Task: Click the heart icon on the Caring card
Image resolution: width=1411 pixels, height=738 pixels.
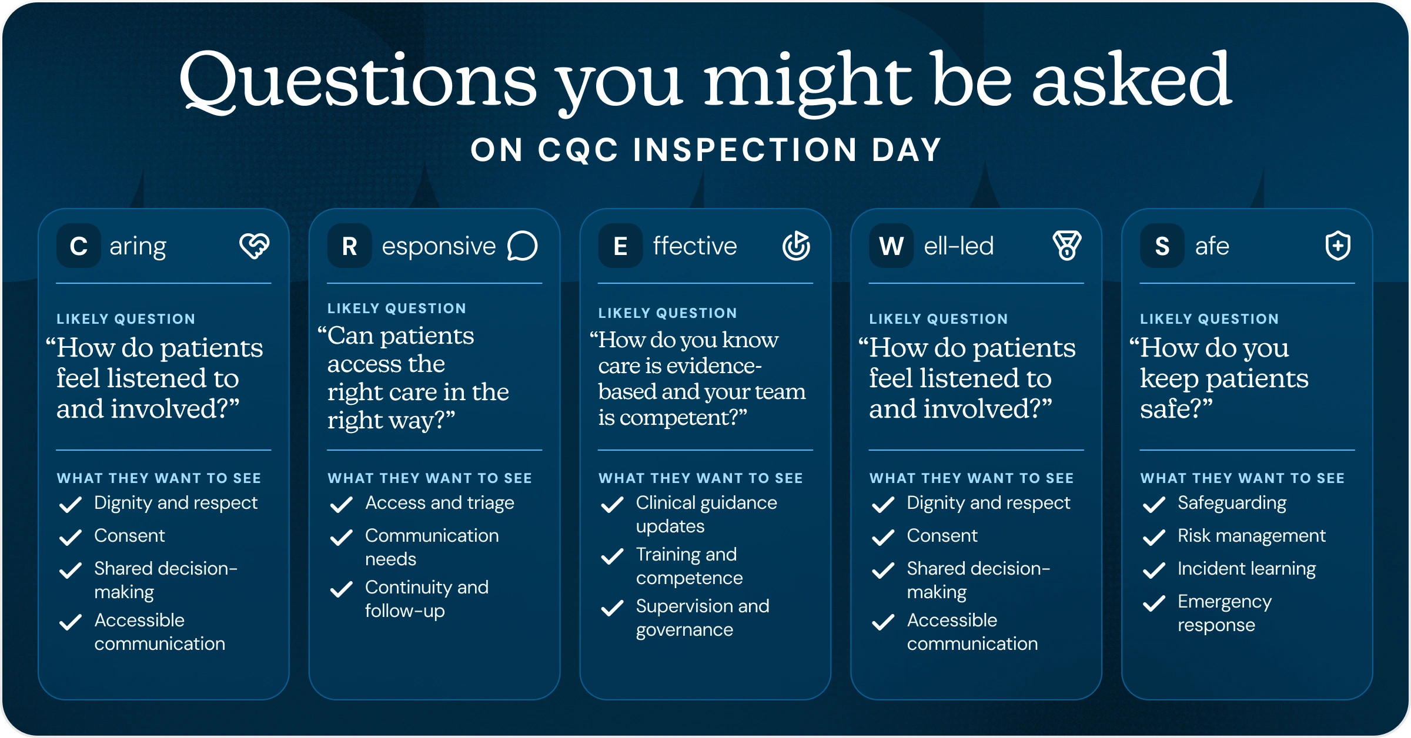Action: tap(255, 246)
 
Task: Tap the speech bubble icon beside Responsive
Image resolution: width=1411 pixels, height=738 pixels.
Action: tap(523, 246)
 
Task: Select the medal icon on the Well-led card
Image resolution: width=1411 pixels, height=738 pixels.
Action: tap(1067, 246)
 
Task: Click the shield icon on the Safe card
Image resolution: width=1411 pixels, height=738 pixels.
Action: tap(1338, 246)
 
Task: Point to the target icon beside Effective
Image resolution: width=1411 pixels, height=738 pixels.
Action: tap(796, 246)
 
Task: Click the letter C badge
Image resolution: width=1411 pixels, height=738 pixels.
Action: tap(78, 246)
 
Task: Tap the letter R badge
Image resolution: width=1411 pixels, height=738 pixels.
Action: tap(349, 246)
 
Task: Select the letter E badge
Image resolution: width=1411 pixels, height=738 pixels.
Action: tap(620, 246)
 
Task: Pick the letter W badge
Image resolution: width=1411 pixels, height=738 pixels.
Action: tap(891, 246)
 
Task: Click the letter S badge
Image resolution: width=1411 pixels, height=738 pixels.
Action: tap(1162, 246)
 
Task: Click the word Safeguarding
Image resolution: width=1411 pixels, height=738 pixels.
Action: tap(1232, 504)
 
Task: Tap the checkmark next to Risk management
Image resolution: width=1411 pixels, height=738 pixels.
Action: tap(1154, 537)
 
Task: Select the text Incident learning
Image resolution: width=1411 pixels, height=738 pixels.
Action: tap(1246, 569)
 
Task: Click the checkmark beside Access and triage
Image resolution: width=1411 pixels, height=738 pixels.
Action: tap(341, 504)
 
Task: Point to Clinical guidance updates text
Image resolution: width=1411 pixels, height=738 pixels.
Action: tap(706, 514)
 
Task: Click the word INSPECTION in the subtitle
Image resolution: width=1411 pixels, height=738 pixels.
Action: tap(745, 150)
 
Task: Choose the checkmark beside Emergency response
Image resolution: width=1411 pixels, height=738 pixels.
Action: tap(1154, 603)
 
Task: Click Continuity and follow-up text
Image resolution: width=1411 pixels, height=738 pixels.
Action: tap(426, 599)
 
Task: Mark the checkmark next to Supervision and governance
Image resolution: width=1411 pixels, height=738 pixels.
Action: tap(612, 608)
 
